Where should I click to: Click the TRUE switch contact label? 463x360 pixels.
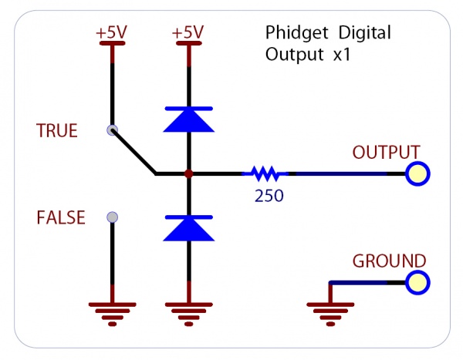(57, 131)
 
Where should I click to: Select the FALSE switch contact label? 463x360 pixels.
(60, 218)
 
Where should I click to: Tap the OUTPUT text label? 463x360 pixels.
(386, 152)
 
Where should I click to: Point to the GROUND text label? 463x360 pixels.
(389, 261)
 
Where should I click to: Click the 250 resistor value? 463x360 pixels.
(269, 196)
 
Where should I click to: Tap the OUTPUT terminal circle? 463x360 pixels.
(417, 174)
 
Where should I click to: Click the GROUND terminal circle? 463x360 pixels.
(417, 283)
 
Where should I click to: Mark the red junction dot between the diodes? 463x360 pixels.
(188, 174)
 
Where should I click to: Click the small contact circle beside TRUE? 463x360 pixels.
(112, 130)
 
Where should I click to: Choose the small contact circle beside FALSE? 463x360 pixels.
(112, 217)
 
